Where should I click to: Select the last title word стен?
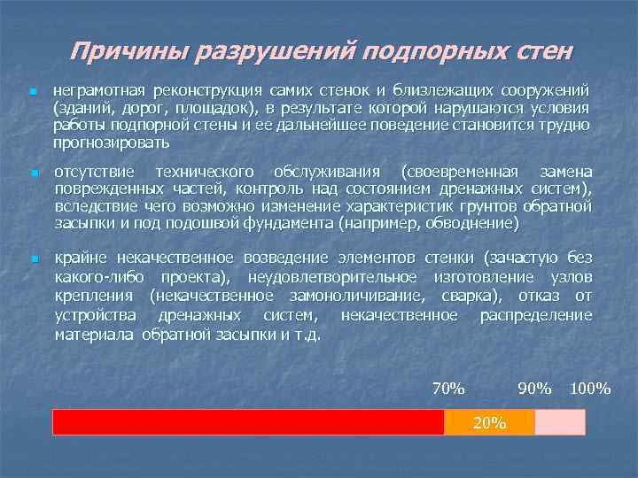540,50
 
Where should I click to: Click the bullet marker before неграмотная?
32,92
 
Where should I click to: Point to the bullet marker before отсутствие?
32,173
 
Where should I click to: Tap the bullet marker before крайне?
32,259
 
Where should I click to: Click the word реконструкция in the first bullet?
202,91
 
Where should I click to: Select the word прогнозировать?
112,142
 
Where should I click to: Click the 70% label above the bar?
448,389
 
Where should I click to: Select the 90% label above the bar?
535,389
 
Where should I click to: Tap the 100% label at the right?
591,389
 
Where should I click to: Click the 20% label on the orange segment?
489,422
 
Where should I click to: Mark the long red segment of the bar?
248,422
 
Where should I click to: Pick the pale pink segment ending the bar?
560,422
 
